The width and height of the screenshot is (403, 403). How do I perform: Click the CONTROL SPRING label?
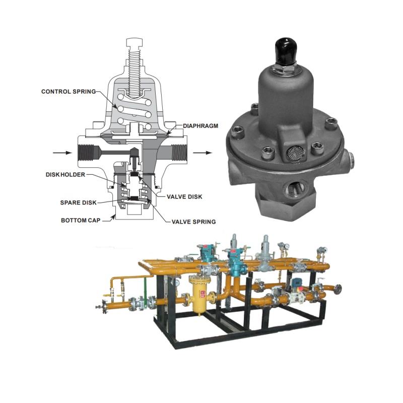point(69,92)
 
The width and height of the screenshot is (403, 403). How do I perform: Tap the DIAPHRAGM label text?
point(200,126)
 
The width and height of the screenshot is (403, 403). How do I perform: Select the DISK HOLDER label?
point(65,174)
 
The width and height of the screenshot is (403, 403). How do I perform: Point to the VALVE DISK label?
point(184,197)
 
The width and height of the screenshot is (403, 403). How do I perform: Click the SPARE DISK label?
point(79,203)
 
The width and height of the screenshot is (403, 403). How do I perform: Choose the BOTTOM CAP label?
point(81,220)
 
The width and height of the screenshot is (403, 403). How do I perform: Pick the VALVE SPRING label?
point(194,222)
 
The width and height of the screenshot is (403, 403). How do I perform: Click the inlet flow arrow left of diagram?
point(62,153)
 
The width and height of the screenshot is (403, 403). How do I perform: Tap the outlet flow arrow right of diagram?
point(203,153)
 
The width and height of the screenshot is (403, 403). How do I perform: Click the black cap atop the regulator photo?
point(286,51)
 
